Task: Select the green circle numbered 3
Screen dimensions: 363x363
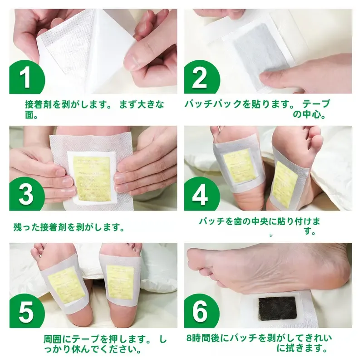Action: click(x=26, y=194)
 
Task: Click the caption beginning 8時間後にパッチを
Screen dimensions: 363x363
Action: click(x=259, y=343)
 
